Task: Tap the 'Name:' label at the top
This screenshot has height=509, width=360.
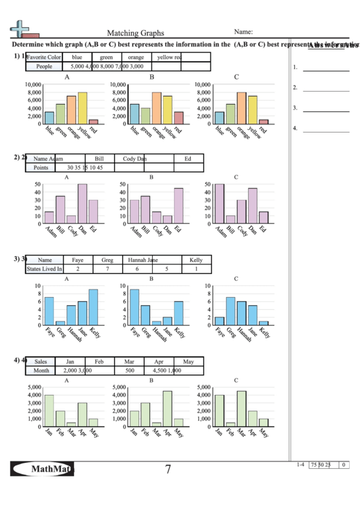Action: (x=244, y=31)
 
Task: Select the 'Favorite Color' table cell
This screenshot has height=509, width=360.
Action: (x=44, y=57)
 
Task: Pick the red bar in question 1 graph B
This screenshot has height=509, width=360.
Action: (x=179, y=117)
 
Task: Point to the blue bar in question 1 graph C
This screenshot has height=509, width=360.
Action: (x=219, y=117)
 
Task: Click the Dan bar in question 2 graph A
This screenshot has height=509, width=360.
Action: (x=82, y=204)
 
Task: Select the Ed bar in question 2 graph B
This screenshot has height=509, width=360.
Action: (x=179, y=206)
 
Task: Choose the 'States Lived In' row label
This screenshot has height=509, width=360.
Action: (x=44, y=269)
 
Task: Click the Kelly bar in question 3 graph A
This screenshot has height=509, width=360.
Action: (x=93, y=307)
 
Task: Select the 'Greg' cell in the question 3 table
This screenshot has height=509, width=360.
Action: (x=107, y=260)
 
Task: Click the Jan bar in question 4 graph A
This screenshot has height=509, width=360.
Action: (x=49, y=410)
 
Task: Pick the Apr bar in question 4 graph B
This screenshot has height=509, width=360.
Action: (x=167, y=408)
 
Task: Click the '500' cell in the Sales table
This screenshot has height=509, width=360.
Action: (x=129, y=371)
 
